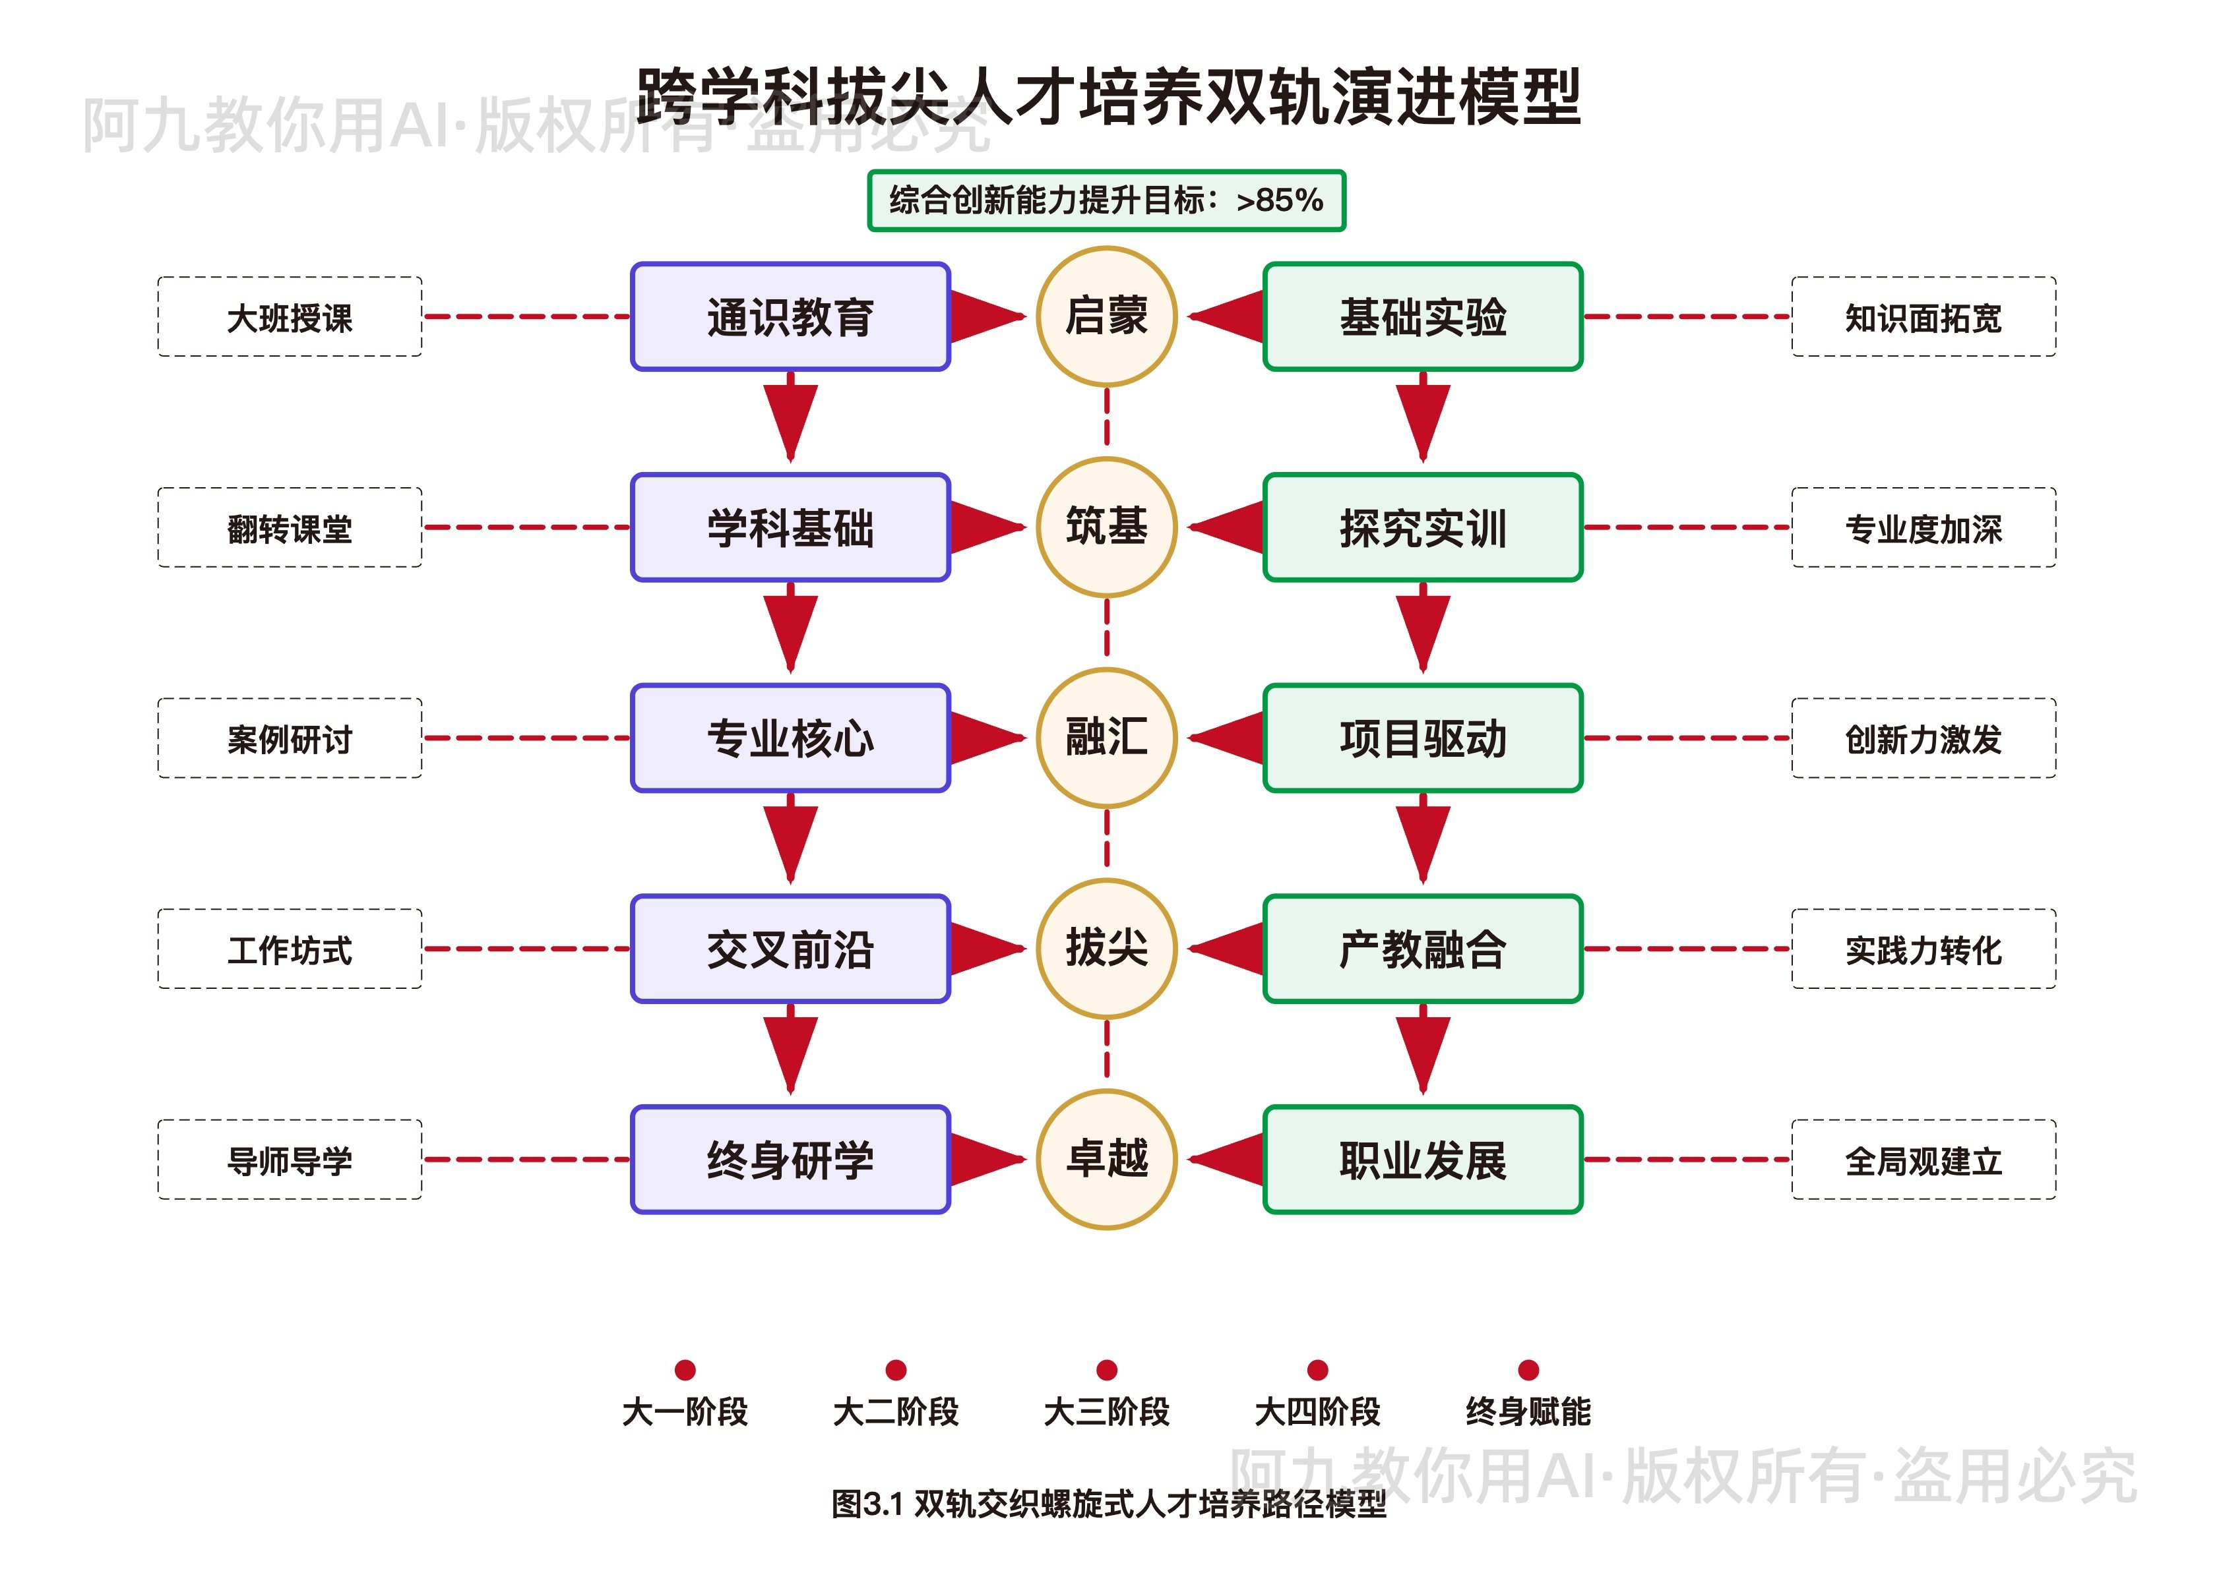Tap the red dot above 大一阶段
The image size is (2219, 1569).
coord(685,1369)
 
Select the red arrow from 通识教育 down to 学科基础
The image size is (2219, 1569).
coord(790,421)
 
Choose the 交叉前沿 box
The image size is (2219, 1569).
coord(790,948)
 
